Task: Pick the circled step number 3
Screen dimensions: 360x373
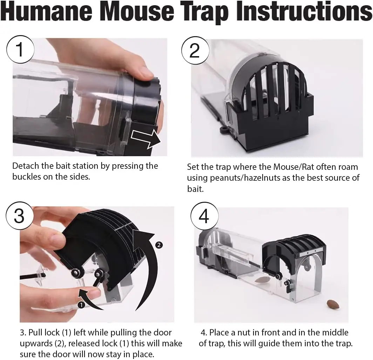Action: [x=19, y=216]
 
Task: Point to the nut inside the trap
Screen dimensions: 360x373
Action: [x=262, y=279]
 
